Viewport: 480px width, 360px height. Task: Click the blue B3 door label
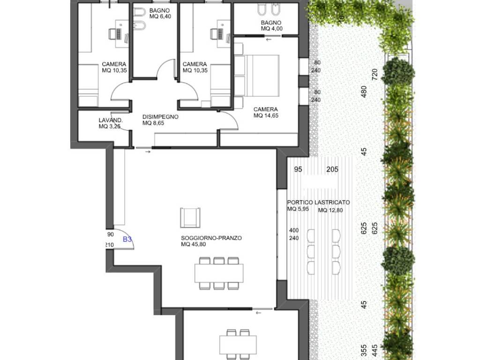[x=127, y=239]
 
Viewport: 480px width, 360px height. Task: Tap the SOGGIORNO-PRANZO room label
[x=211, y=238]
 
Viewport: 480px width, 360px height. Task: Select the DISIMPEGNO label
[x=160, y=117]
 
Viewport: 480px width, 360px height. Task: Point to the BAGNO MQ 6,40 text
[x=160, y=14]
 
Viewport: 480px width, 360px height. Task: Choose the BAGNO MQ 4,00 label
[x=271, y=26]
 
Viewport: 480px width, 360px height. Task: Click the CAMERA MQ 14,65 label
[x=266, y=112]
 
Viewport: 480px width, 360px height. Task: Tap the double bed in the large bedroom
[x=257, y=75]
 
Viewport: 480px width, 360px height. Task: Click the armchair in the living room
[x=190, y=217]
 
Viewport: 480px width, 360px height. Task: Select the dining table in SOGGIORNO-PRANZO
[x=219, y=273]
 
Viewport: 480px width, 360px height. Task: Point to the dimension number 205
[x=332, y=169]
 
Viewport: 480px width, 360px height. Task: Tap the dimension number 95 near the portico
[x=298, y=169]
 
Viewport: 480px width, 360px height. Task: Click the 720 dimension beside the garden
[x=375, y=75]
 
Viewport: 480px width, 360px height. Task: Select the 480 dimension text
[x=364, y=91]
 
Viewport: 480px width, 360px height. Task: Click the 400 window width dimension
[x=294, y=231]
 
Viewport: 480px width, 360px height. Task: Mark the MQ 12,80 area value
[x=330, y=210]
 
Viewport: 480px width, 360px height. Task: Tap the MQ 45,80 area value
[x=194, y=244]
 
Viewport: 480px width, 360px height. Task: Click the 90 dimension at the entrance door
[x=111, y=234]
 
